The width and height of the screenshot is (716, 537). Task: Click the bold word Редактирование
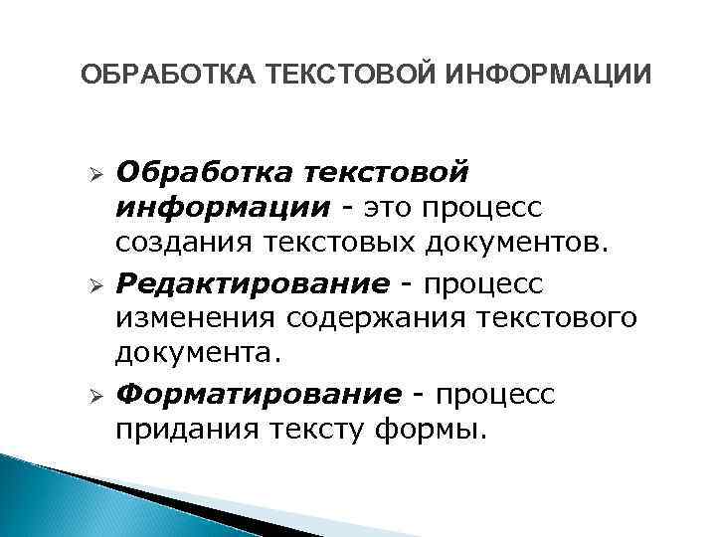[x=253, y=285]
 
